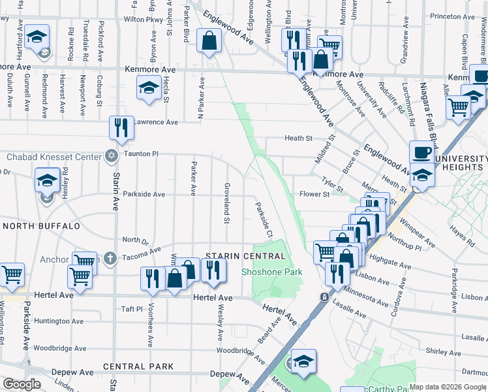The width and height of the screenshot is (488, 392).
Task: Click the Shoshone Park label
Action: (x=272, y=271)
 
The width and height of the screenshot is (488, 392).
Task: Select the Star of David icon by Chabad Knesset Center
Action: (x=112, y=156)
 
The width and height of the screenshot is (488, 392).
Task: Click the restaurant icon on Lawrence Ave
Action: (x=121, y=128)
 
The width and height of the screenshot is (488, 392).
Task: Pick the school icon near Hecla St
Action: (x=149, y=88)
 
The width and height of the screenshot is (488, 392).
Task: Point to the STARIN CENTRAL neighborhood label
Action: (x=236, y=255)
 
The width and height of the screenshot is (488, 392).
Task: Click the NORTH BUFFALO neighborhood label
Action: (x=40, y=226)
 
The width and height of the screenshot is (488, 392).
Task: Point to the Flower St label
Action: (x=314, y=194)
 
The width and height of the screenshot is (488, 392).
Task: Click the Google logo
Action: (x=22, y=385)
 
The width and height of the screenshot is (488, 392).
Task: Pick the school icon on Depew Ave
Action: (x=303, y=363)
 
